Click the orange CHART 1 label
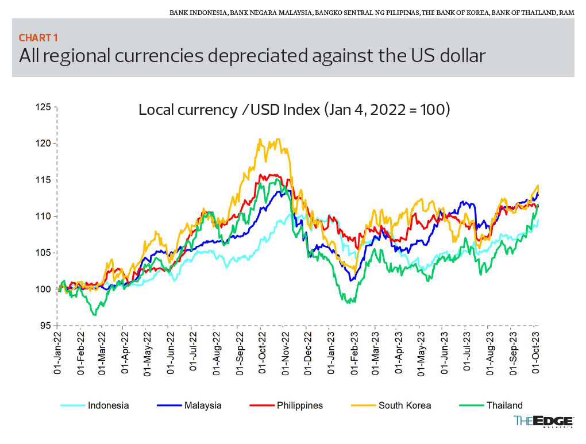pyautogui.click(x=38, y=38)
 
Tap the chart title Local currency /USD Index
pyautogui.click(x=294, y=109)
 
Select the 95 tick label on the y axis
pyautogui.click(x=44, y=326)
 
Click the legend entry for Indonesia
pyautogui.click(x=108, y=406)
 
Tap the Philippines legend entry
pyautogui.click(x=299, y=406)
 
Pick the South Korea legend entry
pyautogui.click(x=404, y=406)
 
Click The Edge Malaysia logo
pyautogui.click(x=543, y=422)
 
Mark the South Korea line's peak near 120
pyautogui.click(x=260, y=139)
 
